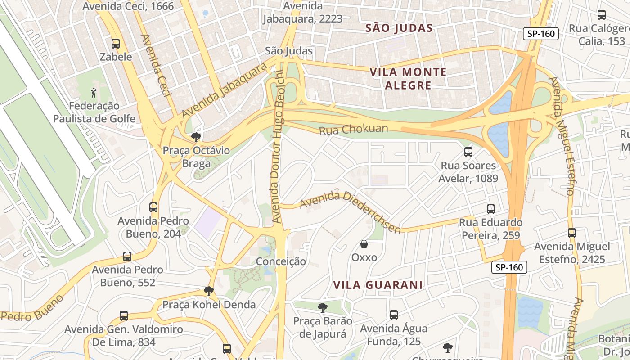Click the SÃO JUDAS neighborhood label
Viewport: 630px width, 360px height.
click(x=399, y=28)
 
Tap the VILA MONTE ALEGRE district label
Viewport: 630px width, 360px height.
click(x=408, y=79)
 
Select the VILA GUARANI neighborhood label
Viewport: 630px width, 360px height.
click(x=378, y=285)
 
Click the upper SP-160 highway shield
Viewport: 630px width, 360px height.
click(x=540, y=34)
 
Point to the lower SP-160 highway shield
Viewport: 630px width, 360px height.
click(x=509, y=267)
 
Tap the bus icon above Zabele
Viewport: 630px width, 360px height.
click(x=116, y=44)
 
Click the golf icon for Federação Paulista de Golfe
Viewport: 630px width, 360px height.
click(x=94, y=93)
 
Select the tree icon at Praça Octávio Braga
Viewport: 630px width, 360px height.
click(x=196, y=137)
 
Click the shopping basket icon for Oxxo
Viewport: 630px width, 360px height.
click(x=364, y=244)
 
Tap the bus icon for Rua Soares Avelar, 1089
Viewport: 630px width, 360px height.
click(x=468, y=152)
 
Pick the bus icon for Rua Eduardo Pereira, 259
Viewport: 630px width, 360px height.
click(x=491, y=209)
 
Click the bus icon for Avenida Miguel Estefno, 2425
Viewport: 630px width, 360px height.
click(x=572, y=233)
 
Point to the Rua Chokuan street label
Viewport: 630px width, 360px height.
click(x=354, y=130)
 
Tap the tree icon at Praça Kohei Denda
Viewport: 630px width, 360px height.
click(x=208, y=291)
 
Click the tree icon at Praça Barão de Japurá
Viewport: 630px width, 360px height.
click(x=322, y=308)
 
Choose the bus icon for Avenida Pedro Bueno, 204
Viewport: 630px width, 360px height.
click(x=153, y=207)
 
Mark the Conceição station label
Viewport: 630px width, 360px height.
click(x=281, y=261)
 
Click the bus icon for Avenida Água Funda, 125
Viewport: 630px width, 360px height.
click(x=394, y=315)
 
